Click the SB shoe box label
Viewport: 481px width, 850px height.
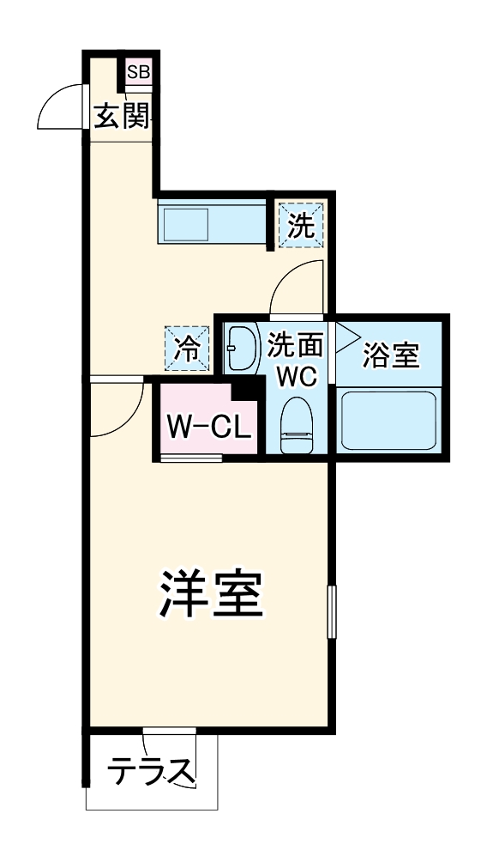[138, 73]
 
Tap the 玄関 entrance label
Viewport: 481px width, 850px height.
[122, 114]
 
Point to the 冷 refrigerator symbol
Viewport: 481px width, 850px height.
[187, 349]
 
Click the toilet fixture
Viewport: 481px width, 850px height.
[297, 424]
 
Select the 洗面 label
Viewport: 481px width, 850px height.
[295, 346]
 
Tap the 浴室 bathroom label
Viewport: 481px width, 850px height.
[390, 355]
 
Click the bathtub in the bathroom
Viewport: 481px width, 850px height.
[390, 419]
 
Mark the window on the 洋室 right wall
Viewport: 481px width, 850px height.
[331, 611]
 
